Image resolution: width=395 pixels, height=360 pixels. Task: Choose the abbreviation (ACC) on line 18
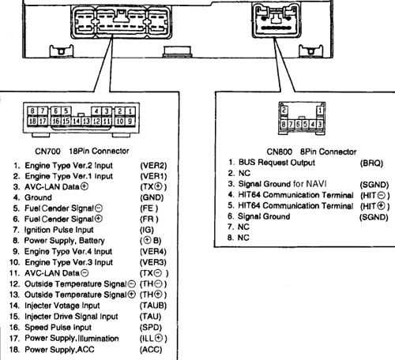[x=151, y=348]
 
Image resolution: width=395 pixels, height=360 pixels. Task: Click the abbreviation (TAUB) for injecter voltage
[x=152, y=305]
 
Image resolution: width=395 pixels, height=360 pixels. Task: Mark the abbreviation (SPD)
[x=151, y=326]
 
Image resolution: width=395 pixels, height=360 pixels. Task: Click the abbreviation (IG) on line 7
[x=147, y=228]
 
